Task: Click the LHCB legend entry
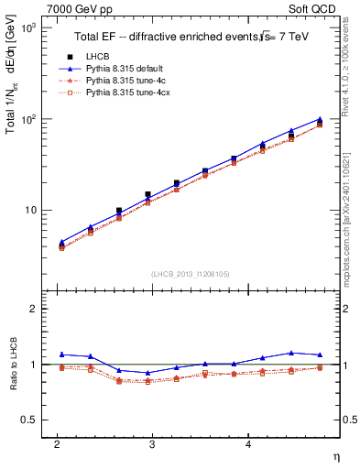click(98, 57)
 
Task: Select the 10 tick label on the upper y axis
click(32, 210)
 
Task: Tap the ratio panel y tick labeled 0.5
click(31, 420)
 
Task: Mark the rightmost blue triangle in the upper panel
click(320, 119)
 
